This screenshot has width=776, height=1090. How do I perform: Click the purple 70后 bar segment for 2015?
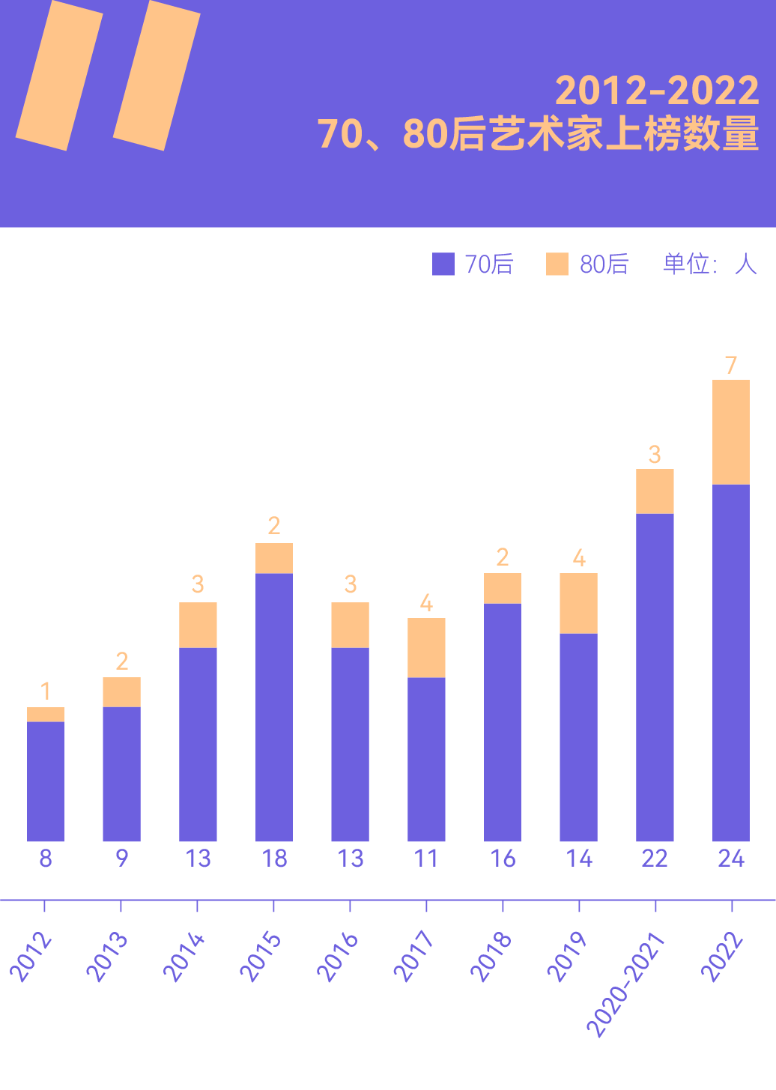pos(274,706)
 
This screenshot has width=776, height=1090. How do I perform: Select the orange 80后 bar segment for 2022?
pos(731,432)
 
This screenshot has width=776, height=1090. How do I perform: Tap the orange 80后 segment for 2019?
pos(578,603)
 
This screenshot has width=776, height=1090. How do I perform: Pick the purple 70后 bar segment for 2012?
pos(46,781)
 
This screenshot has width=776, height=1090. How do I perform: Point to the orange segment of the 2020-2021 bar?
pos(655,491)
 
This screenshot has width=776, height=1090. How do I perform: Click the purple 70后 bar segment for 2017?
pos(426,759)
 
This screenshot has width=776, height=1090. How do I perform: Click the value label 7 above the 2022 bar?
pos(731,366)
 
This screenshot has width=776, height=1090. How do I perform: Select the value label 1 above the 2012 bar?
pos(46,691)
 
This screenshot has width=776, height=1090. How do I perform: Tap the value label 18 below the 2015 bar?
pos(274,859)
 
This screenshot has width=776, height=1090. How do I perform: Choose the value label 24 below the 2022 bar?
pos(731,859)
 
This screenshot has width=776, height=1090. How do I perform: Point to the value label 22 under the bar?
pos(655,859)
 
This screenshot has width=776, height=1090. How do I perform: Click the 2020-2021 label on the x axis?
pos(626,984)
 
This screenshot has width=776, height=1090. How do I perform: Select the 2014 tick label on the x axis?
pos(184,957)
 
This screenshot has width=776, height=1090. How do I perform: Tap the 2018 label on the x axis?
pos(491,957)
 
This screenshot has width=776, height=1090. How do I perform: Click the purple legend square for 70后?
pos(443,264)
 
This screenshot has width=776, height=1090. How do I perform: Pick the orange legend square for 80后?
pos(557,264)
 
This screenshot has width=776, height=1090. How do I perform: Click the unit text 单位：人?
pos(709,264)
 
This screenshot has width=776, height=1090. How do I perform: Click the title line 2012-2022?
pos(657,91)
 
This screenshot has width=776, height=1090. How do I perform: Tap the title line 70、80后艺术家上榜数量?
pos(538,134)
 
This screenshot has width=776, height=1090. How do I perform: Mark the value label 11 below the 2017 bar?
pos(426,859)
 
